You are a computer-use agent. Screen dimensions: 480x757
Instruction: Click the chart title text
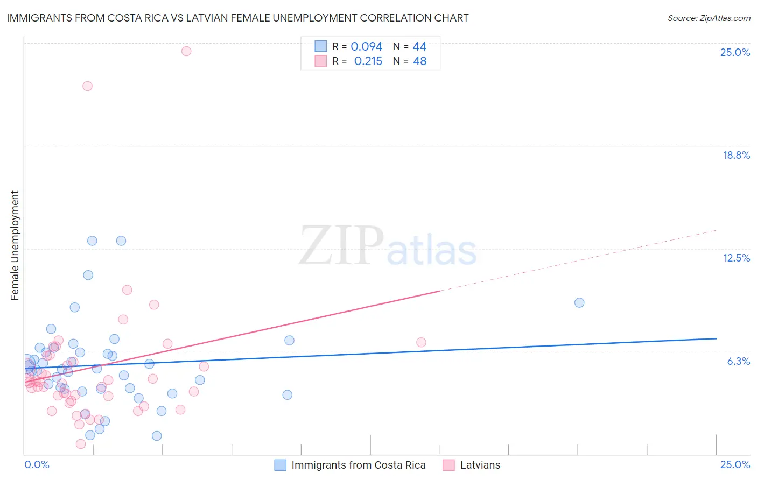click(237, 18)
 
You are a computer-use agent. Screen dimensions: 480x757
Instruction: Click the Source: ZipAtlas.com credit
click(709, 18)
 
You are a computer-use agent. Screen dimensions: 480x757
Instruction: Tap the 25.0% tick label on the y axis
click(735, 52)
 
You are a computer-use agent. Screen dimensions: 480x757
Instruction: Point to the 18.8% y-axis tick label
click(736, 155)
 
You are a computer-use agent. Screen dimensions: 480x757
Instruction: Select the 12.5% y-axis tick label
click(736, 258)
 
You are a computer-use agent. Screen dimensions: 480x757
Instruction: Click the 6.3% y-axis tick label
click(738, 361)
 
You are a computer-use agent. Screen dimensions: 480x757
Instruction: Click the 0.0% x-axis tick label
click(37, 464)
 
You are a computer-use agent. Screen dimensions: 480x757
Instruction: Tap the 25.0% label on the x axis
click(735, 464)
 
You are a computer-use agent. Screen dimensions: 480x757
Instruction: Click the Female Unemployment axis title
click(15, 245)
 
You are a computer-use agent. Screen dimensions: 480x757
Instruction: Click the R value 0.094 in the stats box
click(366, 47)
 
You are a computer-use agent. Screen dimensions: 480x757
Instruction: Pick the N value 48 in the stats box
click(419, 61)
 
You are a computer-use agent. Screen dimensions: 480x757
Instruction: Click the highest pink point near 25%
click(186, 51)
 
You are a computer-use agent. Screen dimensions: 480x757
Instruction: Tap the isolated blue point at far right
click(579, 302)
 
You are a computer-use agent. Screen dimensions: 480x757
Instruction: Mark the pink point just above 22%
click(87, 86)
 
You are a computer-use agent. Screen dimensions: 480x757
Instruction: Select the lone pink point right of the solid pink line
click(421, 342)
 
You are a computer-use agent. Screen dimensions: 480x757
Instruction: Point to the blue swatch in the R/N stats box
click(321, 46)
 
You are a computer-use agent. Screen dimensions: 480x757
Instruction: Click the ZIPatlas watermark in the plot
click(388, 246)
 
